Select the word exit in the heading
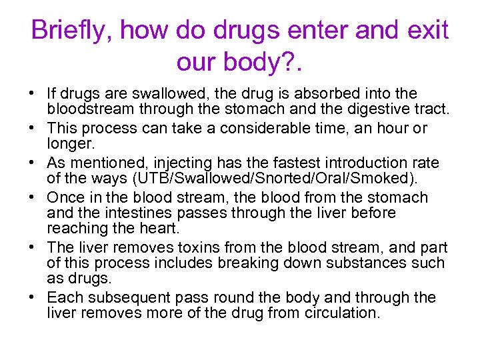pyautogui.click(x=427, y=31)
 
